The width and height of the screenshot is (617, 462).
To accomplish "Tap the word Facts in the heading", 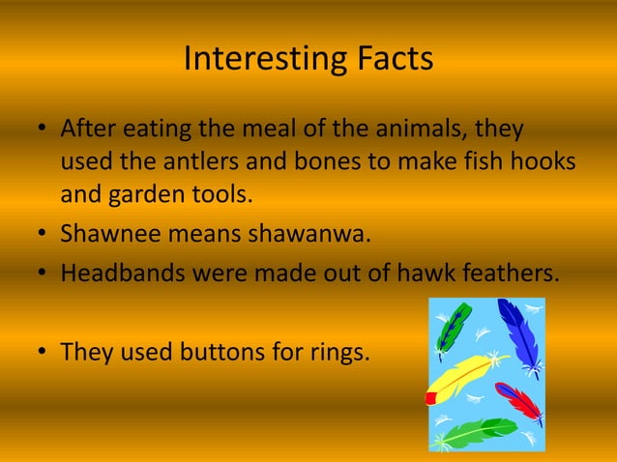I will point(392,60).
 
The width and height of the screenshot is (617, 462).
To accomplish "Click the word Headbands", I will point(119,274).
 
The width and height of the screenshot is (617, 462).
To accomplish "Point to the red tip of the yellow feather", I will point(431,397).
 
